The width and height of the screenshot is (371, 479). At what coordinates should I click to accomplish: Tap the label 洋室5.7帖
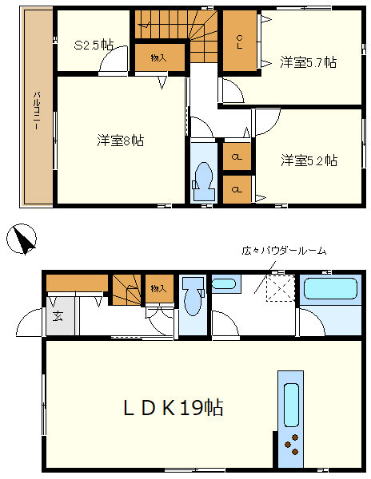click(308, 61)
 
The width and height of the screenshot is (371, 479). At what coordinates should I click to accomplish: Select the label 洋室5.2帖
click(309, 160)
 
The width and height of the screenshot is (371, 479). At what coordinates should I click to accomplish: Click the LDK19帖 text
click(172, 408)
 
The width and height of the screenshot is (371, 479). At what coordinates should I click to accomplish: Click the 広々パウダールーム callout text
click(284, 251)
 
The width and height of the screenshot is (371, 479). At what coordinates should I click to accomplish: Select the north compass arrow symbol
click(22, 239)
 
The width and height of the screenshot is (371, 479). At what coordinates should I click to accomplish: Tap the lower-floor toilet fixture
click(191, 300)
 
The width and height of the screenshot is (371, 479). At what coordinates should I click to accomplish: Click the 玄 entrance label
click(58, 315)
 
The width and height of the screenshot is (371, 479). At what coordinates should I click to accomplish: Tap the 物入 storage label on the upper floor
click(158, 57)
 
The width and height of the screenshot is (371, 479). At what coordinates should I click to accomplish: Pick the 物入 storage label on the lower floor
click(157, 288)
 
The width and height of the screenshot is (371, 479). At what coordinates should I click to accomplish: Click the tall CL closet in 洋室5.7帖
click(238, 42)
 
